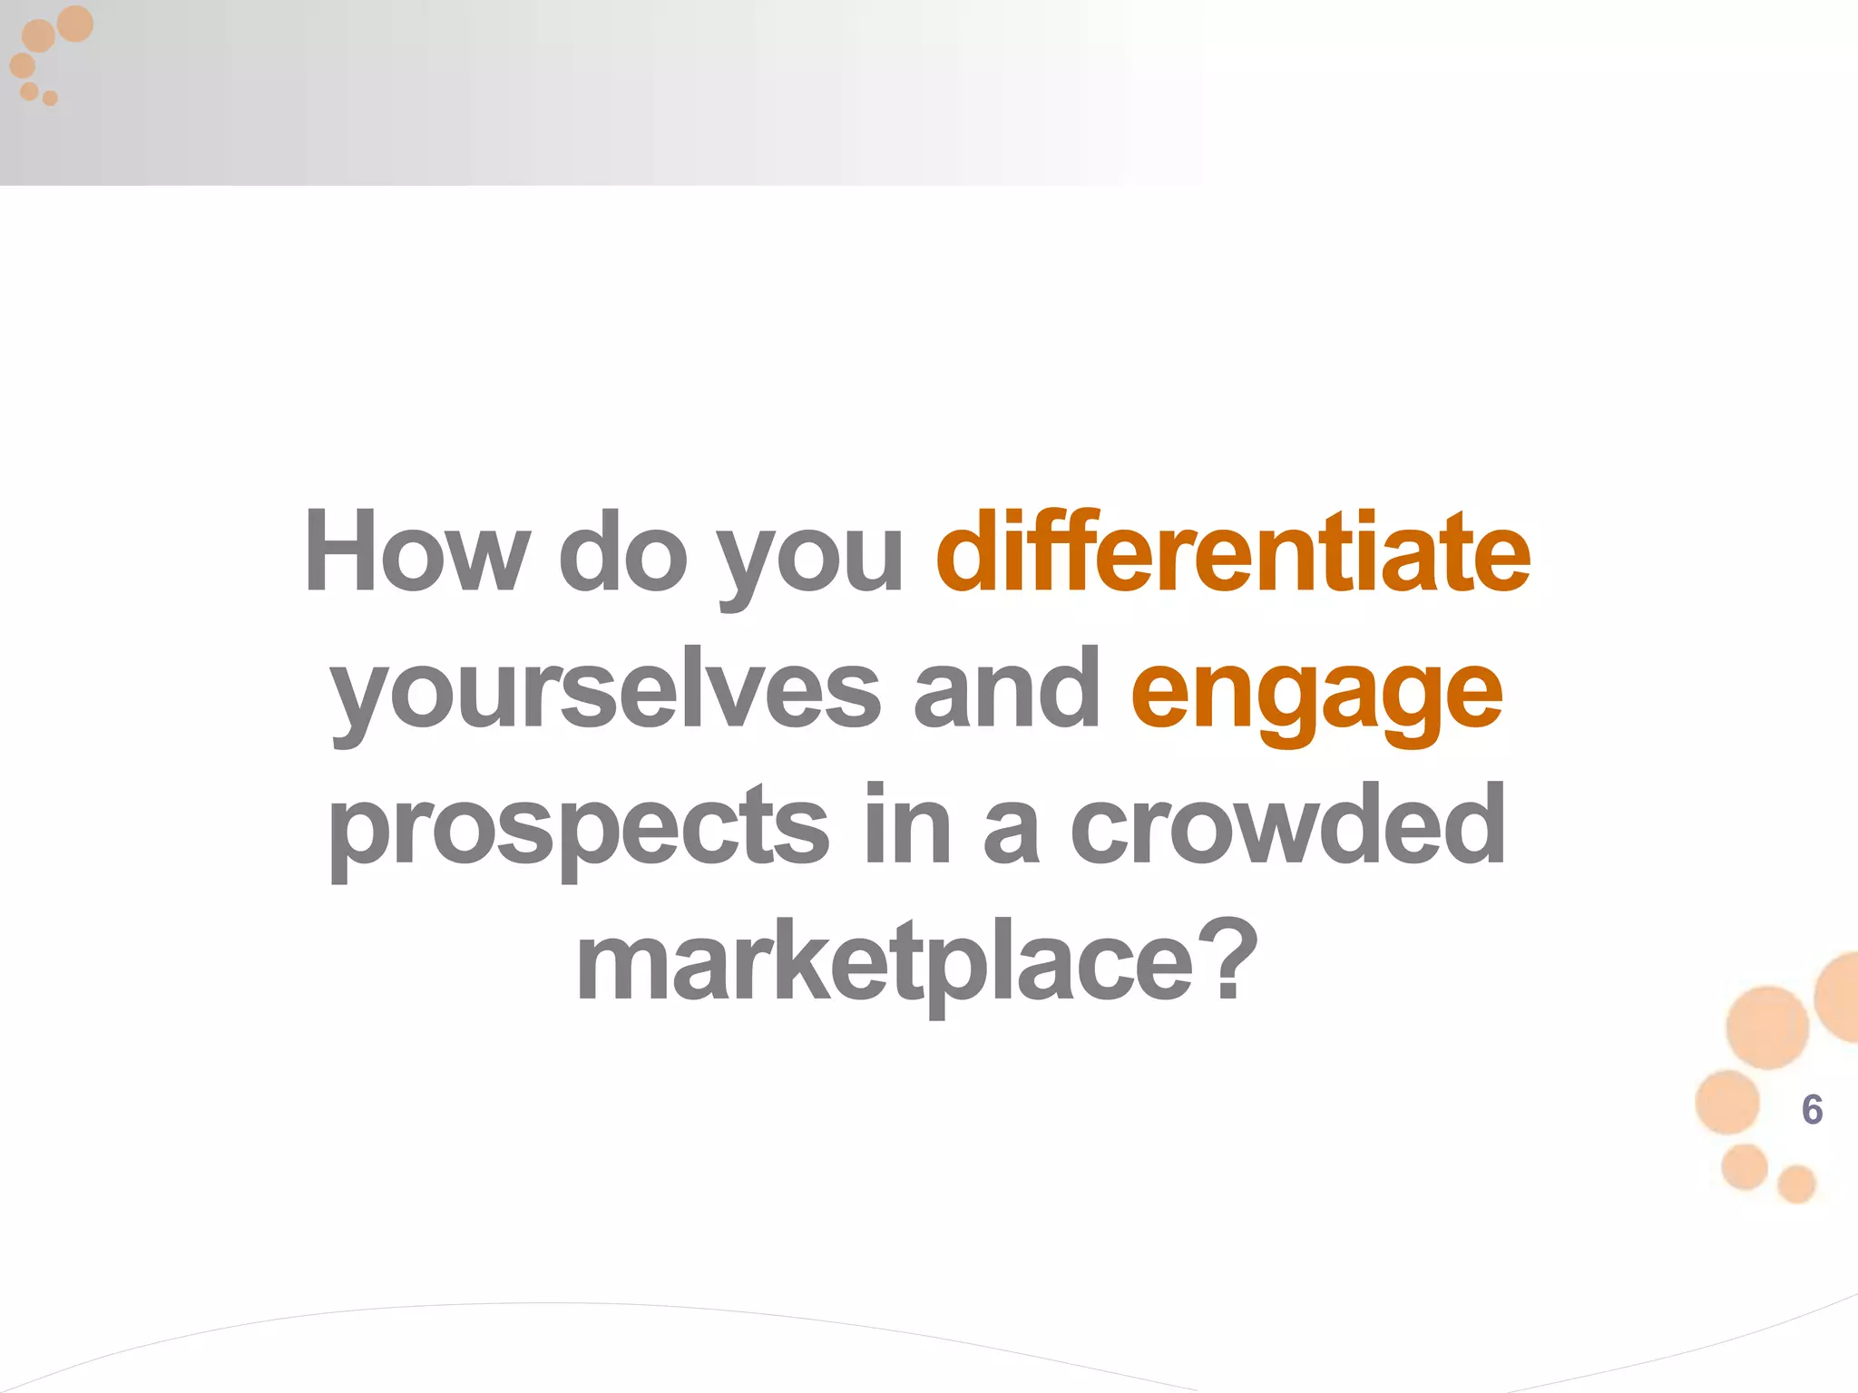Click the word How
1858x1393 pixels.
(416, 551)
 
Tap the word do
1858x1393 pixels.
(622, 551)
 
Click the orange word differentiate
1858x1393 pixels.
(1233, 551)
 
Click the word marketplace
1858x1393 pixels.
(885, 963)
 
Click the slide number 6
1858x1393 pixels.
(1812, 1110)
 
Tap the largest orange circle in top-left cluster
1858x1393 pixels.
(75, 24)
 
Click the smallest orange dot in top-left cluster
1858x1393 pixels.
(51, 98)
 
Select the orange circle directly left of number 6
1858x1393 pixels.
(1727, 1102)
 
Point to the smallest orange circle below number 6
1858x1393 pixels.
(1796, 1184)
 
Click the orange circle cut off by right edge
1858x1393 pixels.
(1840, 998)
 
